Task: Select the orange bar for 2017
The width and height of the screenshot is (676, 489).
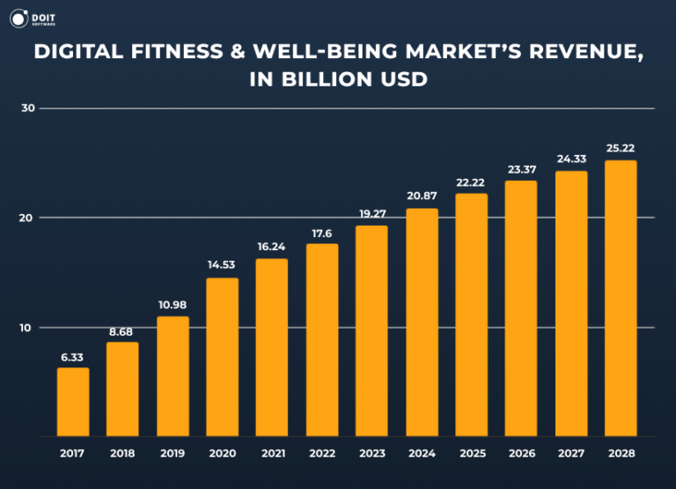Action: click(x=73, y=402)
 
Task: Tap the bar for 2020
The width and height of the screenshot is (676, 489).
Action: click(x=222, y=357)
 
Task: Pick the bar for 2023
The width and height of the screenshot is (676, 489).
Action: click(x=371, y=330)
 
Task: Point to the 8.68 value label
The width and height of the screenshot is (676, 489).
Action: click(x=122, y=331)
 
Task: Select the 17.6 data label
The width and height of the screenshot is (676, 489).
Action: click(x=321, y=233)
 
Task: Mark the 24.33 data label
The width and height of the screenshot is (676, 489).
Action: click(x=571, y=159)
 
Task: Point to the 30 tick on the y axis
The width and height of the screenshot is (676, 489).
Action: click(x=28, y=108)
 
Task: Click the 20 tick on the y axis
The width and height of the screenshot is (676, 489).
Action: click(x=28, y=218)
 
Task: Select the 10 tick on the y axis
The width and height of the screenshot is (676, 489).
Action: click(x=28, y=328)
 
